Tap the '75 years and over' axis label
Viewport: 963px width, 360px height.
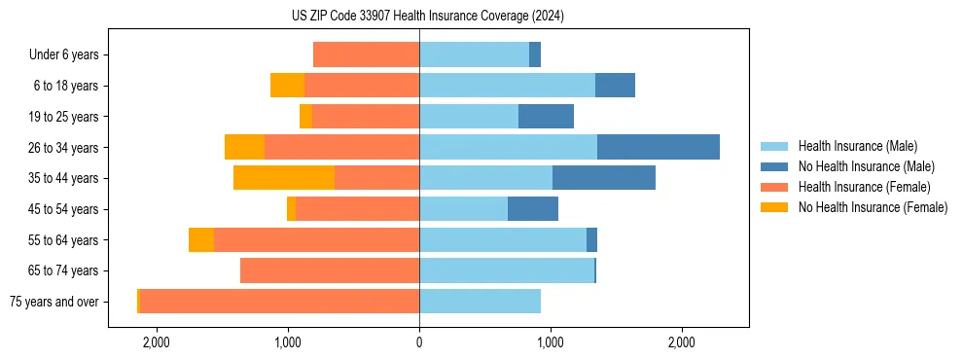[53, 302]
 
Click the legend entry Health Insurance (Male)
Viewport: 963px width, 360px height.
[857, 146]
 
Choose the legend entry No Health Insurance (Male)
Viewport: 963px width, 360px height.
[866, 166]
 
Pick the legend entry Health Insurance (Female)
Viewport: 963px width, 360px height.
[864, 187]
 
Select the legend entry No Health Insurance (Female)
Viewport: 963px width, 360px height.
[873, 207]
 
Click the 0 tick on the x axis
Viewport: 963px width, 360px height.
[419, 342]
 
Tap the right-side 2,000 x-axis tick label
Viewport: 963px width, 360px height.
[681, 342]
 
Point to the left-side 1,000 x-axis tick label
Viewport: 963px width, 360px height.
[288, 342]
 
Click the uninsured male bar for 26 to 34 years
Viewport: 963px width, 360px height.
[659, 147]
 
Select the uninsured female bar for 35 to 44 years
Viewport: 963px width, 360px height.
[284, 178]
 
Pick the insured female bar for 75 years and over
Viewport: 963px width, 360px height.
[279, 302]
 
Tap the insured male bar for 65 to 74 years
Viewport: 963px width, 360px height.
[507, 270]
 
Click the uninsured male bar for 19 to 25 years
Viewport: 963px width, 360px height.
[546, 117]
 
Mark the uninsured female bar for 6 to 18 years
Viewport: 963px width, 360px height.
[287, 86]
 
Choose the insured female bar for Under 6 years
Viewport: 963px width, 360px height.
[366, 54]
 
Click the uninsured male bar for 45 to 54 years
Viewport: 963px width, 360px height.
[533, 209]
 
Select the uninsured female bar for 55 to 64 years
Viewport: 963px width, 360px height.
[201, 239]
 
